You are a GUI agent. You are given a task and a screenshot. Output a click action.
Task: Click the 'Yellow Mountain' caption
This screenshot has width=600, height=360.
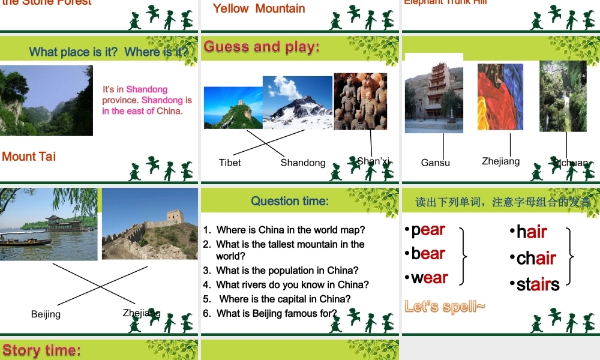[x=259, y=8]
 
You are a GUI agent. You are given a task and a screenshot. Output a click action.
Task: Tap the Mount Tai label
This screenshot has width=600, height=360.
[x=29, y=157]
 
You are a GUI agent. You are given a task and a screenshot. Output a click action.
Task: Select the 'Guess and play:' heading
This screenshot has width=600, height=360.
[x=262, y=47]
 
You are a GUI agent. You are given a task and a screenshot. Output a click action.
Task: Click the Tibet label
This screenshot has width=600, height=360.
[x=230, y=163]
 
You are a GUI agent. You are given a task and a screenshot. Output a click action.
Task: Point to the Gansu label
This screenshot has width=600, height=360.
[x=435, y=163]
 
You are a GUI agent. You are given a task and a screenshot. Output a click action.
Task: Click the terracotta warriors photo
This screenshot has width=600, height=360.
[x=360, y=101]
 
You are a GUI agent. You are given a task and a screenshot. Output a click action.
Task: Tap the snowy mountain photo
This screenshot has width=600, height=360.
[x=298, y=103]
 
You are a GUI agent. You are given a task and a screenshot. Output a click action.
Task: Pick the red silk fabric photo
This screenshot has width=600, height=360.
[x=500, y=97]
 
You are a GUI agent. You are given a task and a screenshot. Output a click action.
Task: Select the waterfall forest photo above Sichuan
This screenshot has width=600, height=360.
[x=562, y=96]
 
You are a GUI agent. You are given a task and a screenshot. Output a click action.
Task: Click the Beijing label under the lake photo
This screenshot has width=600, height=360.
[x=46, y=314]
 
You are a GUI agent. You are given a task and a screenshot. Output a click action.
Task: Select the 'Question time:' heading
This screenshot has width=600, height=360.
[x=290, y=201]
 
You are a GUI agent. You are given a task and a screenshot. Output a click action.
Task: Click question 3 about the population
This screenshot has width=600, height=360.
[x=287, y=271]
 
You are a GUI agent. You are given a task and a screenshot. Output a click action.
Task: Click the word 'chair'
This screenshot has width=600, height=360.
[x=536, y=258]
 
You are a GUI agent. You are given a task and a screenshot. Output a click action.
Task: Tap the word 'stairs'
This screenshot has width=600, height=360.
[x=538, y=284]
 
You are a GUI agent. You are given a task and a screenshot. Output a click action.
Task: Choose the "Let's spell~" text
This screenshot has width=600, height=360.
[x=445, y=307]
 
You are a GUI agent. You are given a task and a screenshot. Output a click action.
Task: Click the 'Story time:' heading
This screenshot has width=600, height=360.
[x=42, y=350]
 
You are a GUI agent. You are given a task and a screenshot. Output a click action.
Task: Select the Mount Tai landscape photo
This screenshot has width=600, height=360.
[x=46, y=100]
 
